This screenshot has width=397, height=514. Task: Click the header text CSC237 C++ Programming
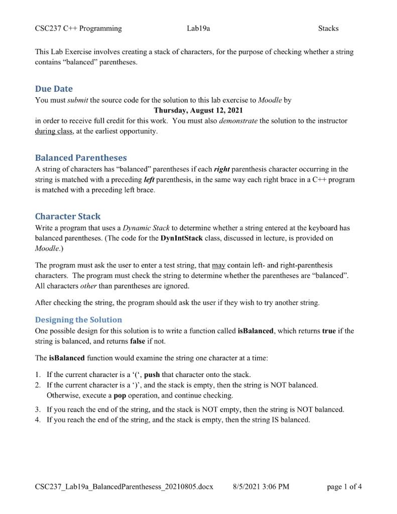pyautogui.click(x=78, y=28)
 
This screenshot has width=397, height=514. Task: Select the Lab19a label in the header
pyautogui.click(x=198, y=28)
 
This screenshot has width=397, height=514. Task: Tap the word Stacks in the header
pyautogui.click(x=328, y=28)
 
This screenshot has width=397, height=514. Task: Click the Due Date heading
pyautogui.click(x=54, y=89)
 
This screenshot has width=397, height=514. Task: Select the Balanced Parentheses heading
pyautogui.click(x=81, y=158)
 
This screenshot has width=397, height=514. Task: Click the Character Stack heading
pyautogui.click(x=68, y=216)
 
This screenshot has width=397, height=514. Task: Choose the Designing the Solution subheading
pyautogui.click(x=78, y=320)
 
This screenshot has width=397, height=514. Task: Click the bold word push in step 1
pyautogui.click(x=153, y=374)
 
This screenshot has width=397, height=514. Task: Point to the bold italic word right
pyautogui.click(x=222, y=169)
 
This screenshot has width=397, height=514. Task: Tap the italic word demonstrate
pyautogui.click(x=238, y=121)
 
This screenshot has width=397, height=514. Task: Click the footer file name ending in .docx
pyautogui.click(x=124, y=486)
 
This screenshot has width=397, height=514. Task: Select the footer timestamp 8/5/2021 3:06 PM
pyautogui.click(x=261, y=486)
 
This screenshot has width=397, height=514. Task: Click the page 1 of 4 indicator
pyautogui.click(x=344, y=486)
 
